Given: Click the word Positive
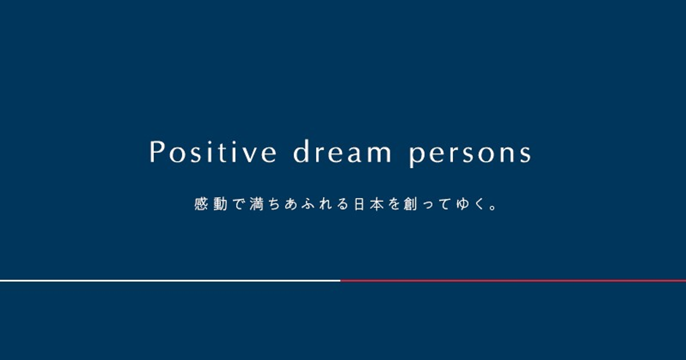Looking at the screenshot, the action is [x=213, y=151].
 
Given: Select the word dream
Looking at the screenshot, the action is [x=342, y=151].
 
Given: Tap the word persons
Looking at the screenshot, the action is [x=470, y=154].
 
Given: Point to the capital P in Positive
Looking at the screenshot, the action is [x=156, y=151].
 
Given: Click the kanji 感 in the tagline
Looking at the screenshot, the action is [x=201, y=204].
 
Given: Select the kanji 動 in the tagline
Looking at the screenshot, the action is [x=220, y=204].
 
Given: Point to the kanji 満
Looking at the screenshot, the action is [x=257, y=204].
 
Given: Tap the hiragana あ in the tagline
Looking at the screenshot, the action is [x=291, y=204].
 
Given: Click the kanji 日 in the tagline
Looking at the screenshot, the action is [x=359, y=204].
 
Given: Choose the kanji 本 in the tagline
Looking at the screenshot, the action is [x=377, y=204].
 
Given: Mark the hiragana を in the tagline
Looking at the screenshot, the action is [x=394, y=204].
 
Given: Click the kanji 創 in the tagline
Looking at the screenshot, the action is [x=410, y=204].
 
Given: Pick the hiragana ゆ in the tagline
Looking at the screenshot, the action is [x=463, y=204].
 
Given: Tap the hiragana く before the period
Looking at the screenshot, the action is [x=480, y=204].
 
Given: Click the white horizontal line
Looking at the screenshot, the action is [x=170, y=281].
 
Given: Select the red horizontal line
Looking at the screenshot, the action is [x=513, y=281].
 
